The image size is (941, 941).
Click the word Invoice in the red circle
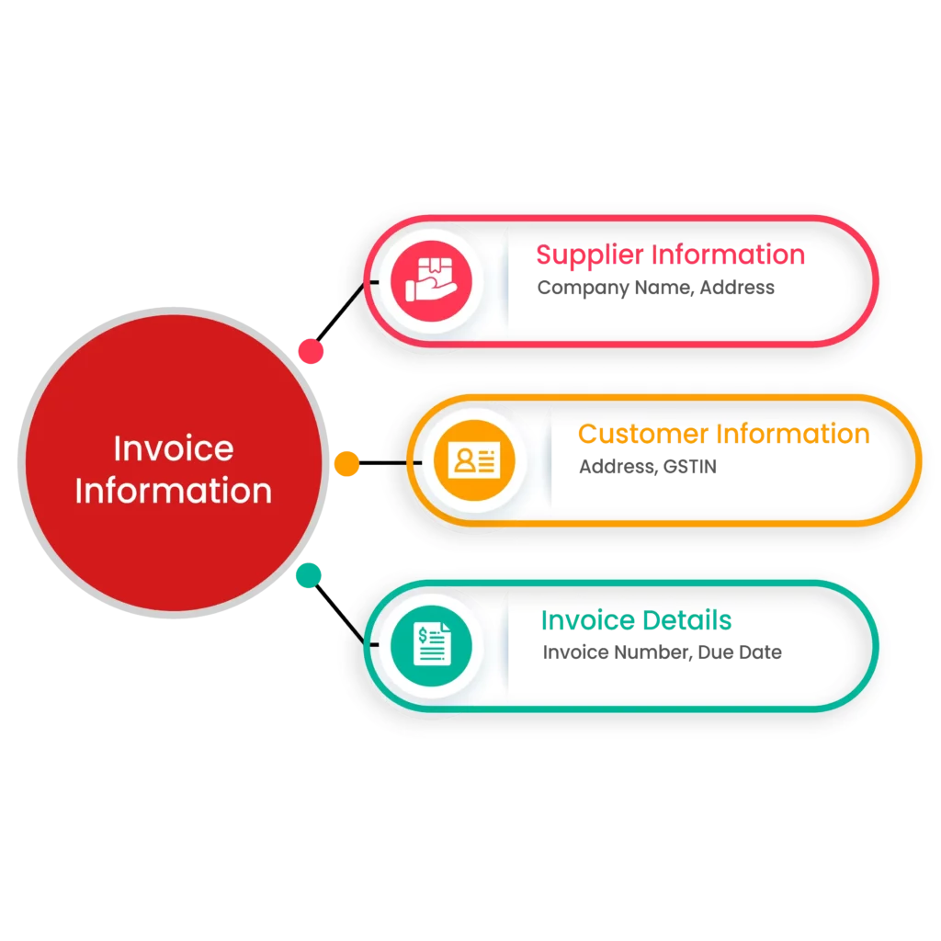pyautogui.click(x=173, y=448)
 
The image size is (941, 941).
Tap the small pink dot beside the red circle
pyautogui.click(x=311, y=350)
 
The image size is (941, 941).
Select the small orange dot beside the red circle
pyautogui.click(x=346, y=463)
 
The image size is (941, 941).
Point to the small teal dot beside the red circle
pyautogui.click(x=309, y=575)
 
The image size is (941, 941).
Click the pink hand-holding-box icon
pyautogui.click(x=430, y=279)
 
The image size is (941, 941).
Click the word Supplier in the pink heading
pyautogui.click(x=589, y=255)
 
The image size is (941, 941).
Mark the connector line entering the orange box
pyautogui.click(x=391, y=463)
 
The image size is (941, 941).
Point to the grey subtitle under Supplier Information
pyautogui.click(x=657, y=290)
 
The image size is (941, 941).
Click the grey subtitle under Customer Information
pyautogui.click(x=646, y=468)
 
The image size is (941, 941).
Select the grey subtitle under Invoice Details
pyautogui.click(x=661, y=652)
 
